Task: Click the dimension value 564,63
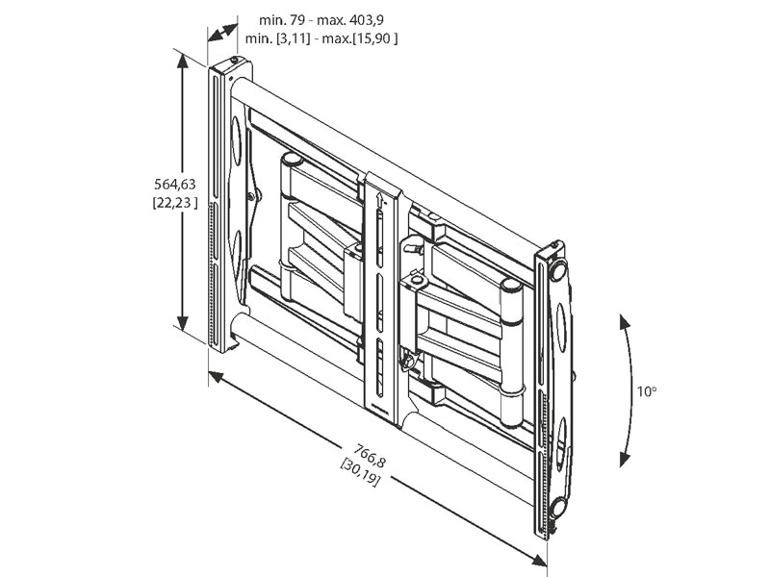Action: (174, 183)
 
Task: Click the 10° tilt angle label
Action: (646, 391)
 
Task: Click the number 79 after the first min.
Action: (288, 19)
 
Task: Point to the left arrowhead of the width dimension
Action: (215, 377)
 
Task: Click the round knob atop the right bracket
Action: (556, 268)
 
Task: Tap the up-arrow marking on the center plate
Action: (383, 201)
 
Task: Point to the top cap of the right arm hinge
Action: (512, 285)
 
